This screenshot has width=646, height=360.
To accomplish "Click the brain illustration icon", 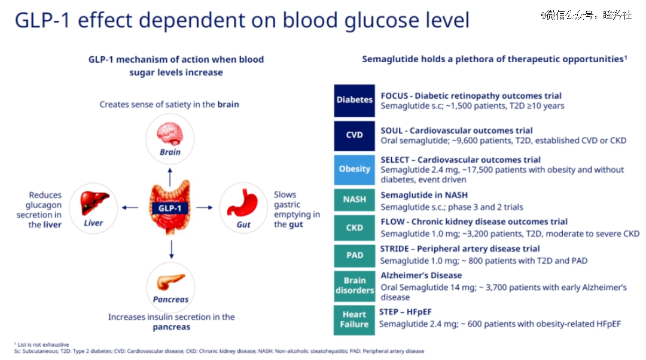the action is [170, 135].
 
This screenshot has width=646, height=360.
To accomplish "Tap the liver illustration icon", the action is [95, 203].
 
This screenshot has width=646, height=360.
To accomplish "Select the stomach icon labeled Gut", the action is [243, 203].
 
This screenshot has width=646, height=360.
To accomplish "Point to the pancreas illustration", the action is [170, 282].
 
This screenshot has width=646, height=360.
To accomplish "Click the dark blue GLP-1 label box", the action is [170, 208].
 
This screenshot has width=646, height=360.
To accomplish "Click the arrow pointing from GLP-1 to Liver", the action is [130, 208].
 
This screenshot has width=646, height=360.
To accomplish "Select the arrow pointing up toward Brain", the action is [170, 177].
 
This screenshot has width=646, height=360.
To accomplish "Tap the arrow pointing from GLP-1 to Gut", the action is [205, 208].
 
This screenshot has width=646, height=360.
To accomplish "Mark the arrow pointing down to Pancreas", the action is [172, 250].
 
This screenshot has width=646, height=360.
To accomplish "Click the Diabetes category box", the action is [354, 100].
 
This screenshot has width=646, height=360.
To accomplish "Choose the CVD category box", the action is [354, 136].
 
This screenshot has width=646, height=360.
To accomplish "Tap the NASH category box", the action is [354, 200].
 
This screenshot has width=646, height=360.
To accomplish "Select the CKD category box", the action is [354, 228].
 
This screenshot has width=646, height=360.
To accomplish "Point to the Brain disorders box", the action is [354, 286].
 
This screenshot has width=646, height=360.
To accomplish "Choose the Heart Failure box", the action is [354, 320].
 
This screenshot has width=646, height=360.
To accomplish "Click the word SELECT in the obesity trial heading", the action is [395, 160].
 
